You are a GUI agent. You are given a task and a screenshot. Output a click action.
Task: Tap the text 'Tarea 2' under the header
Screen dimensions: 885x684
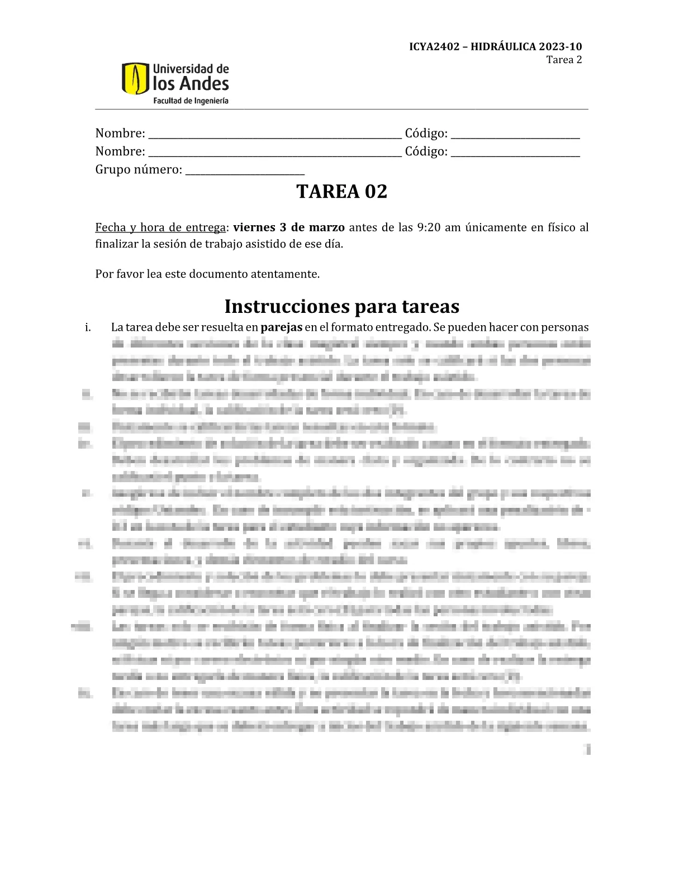pyautogui.click(x=564, y=60)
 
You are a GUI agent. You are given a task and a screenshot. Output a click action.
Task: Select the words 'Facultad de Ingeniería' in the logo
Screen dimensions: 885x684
pyautogui.click(x=191, y=101)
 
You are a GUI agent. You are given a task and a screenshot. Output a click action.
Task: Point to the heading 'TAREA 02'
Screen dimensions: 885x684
pyautogui.click(x=341, y=192)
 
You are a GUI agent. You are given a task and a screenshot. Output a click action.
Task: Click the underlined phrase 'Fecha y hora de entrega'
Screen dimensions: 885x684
pyautogui.click(x=160, y=227)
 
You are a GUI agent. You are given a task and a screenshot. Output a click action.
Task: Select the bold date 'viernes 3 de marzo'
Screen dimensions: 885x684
pyautogui.click(x=289, y=227)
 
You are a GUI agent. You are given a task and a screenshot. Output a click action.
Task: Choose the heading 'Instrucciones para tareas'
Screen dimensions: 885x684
pyautogui.click(x=341, y=306)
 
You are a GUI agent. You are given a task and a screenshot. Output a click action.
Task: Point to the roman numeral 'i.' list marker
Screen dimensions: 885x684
pyautogui.click(x=88, y=327)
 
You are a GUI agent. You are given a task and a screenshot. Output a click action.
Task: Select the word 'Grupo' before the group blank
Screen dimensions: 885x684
pyautogui.click(x=112, y=170)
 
